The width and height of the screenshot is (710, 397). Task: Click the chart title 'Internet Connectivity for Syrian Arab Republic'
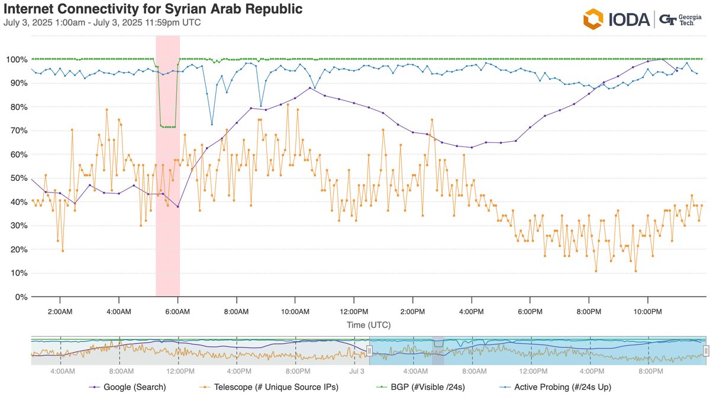[153, 9]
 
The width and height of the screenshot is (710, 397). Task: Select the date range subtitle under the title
[102, 22]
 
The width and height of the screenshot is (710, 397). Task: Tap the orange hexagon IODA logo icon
[593, 19]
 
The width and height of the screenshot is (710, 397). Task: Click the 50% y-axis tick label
[17, 178]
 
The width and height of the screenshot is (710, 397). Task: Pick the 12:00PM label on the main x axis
[353, 311]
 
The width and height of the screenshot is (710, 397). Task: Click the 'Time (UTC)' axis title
[368, 325]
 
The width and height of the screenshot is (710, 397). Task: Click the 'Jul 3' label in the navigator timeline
[357, 371]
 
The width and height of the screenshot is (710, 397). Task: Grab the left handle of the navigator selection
[369, 350]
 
